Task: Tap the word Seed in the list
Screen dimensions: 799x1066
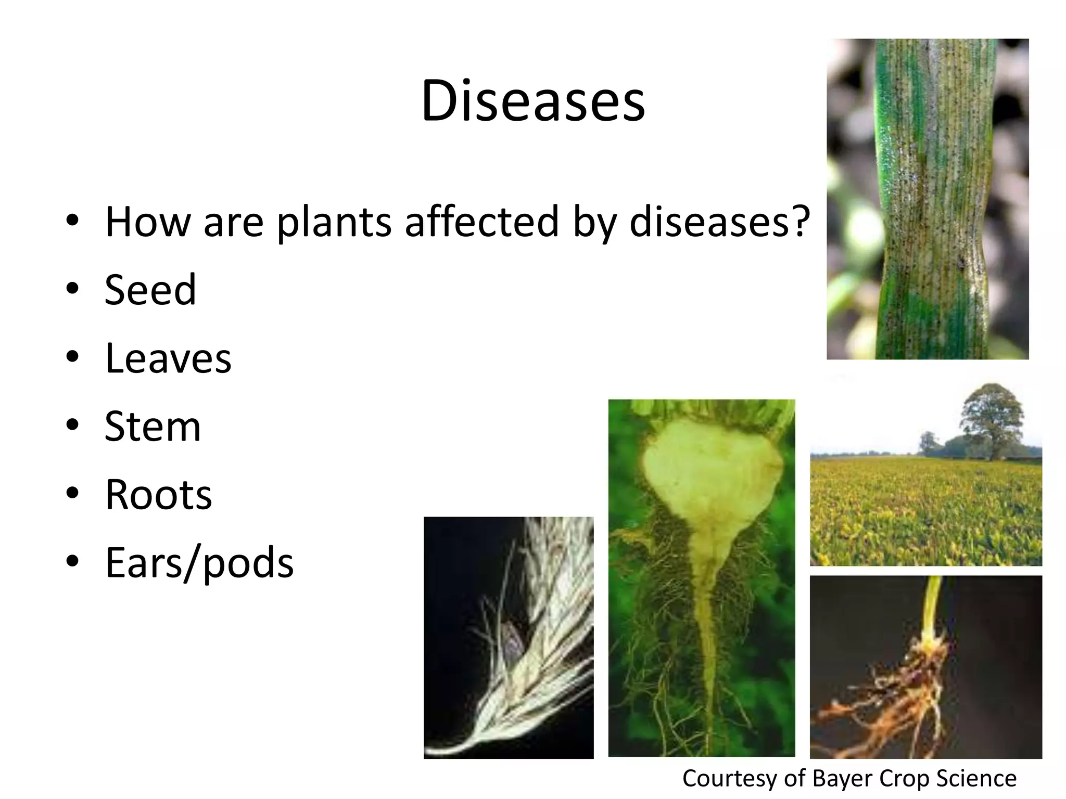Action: [150, 290]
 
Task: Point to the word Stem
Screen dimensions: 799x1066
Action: [153, 426]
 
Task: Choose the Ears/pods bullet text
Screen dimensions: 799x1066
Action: [199, 563]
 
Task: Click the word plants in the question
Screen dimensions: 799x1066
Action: [334, 223]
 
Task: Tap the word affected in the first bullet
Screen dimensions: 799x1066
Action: [482, 222]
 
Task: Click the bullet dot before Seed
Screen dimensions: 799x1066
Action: [72, 289]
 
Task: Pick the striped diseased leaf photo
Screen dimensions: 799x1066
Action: [928, 199]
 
